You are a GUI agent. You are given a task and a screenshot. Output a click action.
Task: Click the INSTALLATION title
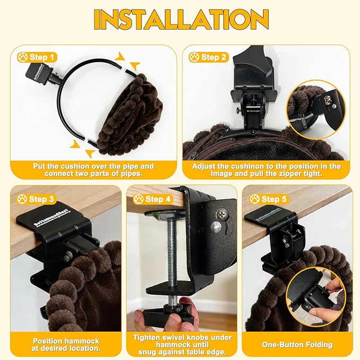click(x=181, y=20)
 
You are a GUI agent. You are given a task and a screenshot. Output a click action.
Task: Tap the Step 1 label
click(x=37, y=57)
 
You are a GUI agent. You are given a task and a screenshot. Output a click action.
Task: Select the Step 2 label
click(x=208, y=57)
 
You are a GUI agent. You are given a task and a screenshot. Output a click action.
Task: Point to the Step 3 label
click(x=36, y=199)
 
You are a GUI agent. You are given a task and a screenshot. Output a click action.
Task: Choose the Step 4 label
click(x=152, y=199)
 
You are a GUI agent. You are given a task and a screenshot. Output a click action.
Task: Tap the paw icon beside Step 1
click(x=22, y=57)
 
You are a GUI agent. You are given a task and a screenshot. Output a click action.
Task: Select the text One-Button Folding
click(x=297, y=345)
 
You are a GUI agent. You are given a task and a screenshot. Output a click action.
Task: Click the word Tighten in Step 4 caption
click(x=147, y=338)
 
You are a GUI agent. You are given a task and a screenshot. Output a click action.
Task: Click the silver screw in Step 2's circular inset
click(x=328, y=100)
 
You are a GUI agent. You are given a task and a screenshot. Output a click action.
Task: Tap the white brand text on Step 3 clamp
click(x=53, y=218)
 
